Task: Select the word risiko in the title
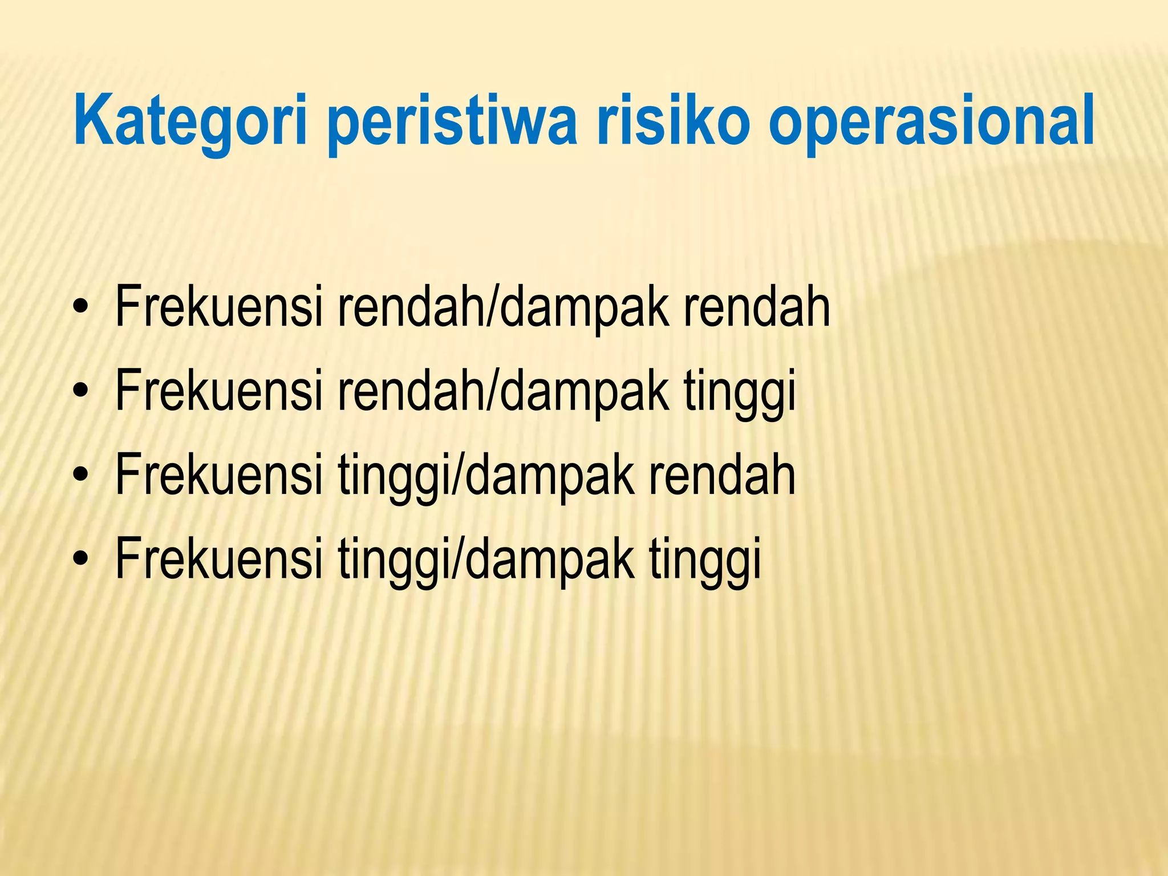coord(674,121)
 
